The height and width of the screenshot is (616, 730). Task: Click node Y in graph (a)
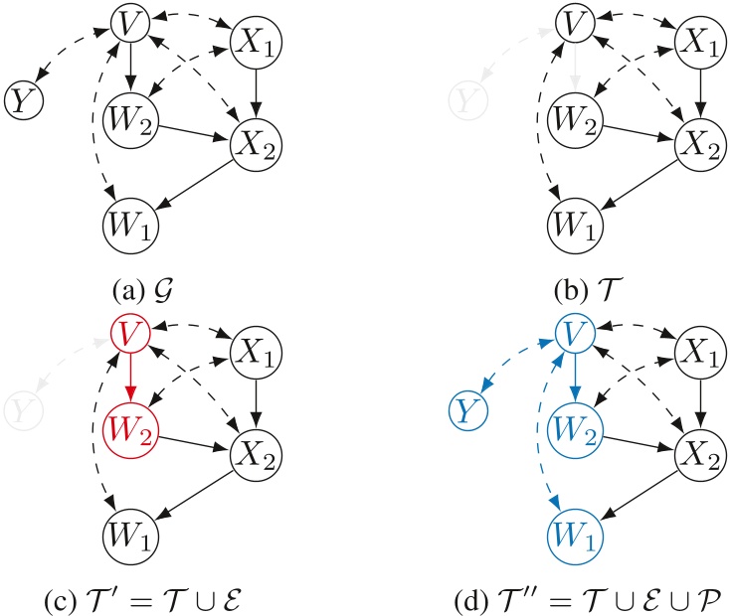pyautogui.click(x=21, y=99)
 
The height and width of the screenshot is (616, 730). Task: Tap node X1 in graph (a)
pyautogui.click(x=255, y=43)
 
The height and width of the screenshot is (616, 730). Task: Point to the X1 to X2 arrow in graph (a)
pyautogui.click(x=255, y=93)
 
